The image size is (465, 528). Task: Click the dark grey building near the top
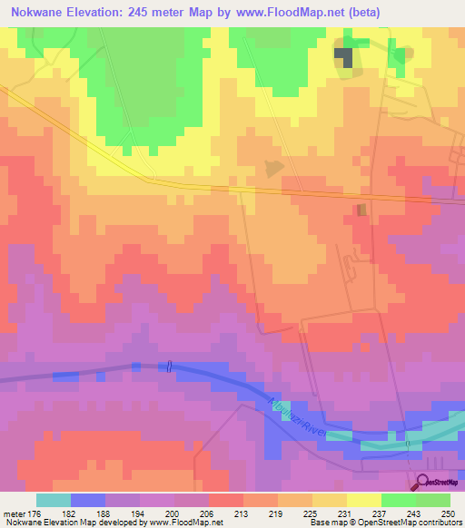[345, 57]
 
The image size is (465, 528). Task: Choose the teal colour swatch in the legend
[53, 500]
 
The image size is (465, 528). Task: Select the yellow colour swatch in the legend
[363, 500]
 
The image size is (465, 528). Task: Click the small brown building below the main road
[361, 210]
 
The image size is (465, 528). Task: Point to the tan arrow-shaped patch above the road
[272, 168]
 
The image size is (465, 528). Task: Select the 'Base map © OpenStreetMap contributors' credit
[383, 523]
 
